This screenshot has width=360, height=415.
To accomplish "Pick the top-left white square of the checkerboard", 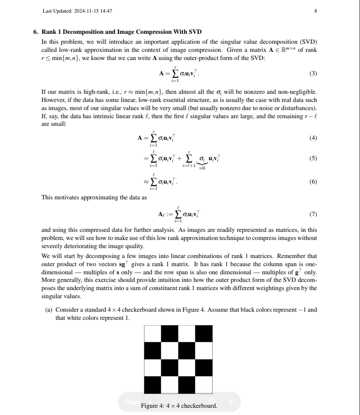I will coord(152,334).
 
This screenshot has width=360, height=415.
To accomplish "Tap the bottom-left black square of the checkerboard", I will coord(152,385).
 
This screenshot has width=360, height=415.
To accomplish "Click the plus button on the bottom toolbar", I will coord(231,401).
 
